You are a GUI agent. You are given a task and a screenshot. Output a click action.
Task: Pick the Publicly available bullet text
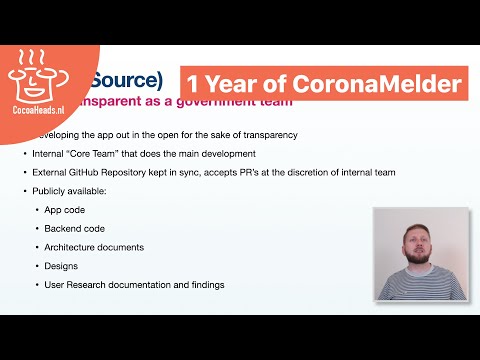coord(71,190)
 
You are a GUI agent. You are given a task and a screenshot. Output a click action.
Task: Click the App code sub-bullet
coord(65,209)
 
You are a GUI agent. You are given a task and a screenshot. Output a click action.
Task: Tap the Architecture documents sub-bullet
coord(94,247)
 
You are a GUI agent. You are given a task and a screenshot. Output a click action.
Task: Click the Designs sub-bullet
coord(61,266)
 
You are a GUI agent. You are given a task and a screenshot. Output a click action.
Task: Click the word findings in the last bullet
coord(204,285)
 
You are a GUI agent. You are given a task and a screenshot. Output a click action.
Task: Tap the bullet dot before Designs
coord(37,266)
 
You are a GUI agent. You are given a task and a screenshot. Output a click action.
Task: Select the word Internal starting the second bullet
coord(51,153)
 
